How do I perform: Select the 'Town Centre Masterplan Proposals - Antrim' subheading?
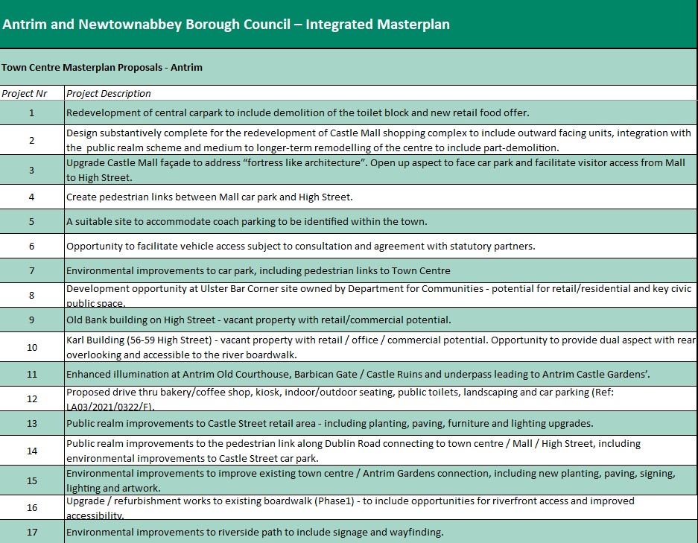pos(102,67)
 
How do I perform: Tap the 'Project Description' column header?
pos(109,94)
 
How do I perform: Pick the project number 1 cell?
pos(31,113)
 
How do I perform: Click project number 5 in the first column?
pos(31,222)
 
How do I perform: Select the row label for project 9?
pos(31,320)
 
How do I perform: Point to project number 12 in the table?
pos(31,398)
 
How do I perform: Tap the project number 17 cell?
pos(31,532)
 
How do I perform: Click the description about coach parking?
pos(257,222)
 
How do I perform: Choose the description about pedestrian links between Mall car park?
pos(209,197)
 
